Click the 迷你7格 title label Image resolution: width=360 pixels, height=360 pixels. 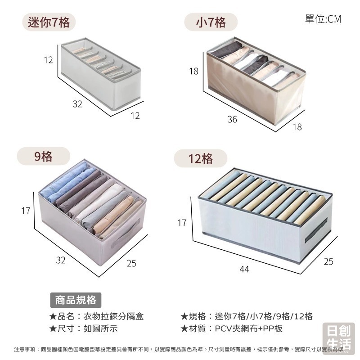pos(49,22)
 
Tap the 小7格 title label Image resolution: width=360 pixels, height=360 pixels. pos(211,22)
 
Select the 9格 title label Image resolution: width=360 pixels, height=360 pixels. pos(44,157)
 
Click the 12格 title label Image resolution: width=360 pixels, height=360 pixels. pos(201,159)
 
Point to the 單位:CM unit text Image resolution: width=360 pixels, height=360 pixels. pos(323,19)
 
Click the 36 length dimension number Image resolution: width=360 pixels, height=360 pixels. pos(232,120)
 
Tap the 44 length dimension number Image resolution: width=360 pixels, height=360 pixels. pos(244,269)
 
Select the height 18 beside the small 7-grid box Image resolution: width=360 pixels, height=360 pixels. pos(193,71)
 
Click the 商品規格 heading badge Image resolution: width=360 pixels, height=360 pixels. pos(76,300)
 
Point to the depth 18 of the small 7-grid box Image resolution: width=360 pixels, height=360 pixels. pos(297,127)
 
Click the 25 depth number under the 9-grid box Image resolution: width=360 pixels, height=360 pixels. pos(131,263)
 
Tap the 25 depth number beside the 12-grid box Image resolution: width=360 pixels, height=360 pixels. pos(328,261)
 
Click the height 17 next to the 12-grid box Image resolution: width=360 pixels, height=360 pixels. pos(182,222)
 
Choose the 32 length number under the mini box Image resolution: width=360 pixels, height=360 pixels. pos(77,104)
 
